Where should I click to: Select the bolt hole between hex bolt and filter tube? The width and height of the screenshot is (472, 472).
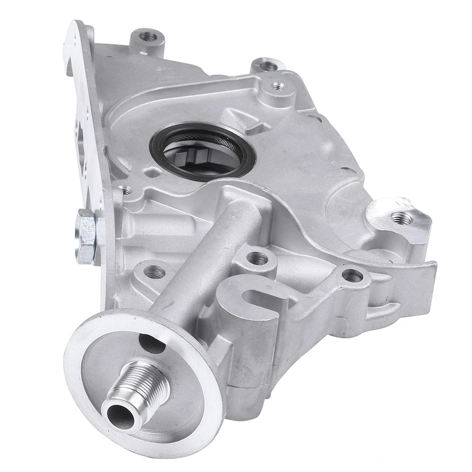[x=154, y=271]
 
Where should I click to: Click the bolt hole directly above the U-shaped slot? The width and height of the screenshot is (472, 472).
[x=257, y=258]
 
